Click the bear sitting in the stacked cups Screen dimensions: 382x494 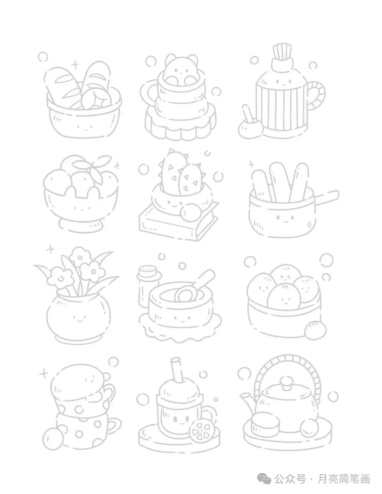(181, 70)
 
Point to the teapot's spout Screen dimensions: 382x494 (248, 402)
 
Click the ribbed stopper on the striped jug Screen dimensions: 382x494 (282, 52)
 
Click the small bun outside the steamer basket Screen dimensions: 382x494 (315, 330)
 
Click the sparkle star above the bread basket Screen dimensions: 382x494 (75, 65)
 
